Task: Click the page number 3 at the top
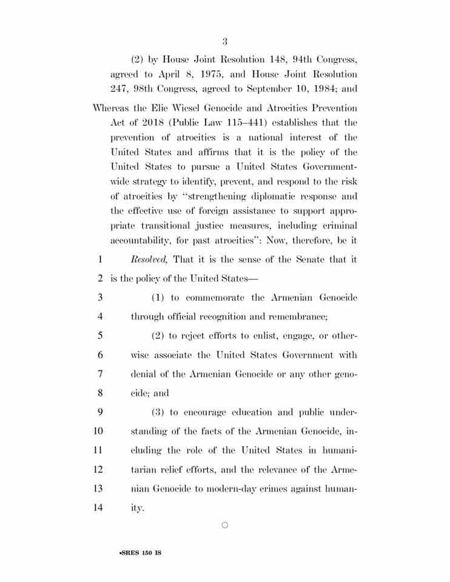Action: pyautogui.click(x=224, y=42)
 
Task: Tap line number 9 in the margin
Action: pyautogui.click(x=99, y=412)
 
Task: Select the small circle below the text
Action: pyautogui.click(x=225, y=525)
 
